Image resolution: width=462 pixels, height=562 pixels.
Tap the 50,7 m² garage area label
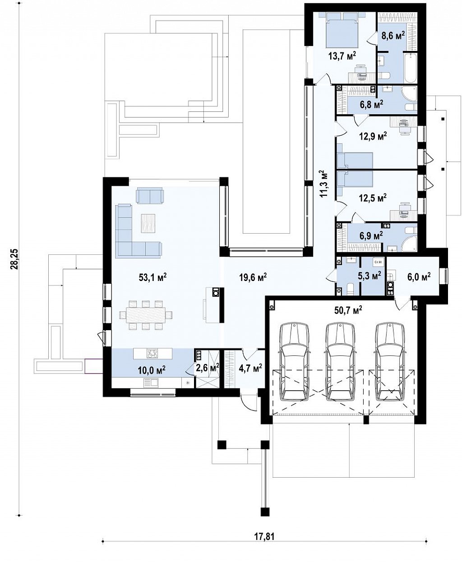point(348,309)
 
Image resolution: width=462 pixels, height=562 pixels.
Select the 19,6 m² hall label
point(253,277)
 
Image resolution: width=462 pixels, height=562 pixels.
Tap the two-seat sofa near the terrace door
point(150,195)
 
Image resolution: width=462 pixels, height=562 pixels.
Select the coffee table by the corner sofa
point(148,223)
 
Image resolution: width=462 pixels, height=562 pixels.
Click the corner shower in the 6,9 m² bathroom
point(410,243)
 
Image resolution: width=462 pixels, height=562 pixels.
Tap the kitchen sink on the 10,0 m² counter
point(151,383)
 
